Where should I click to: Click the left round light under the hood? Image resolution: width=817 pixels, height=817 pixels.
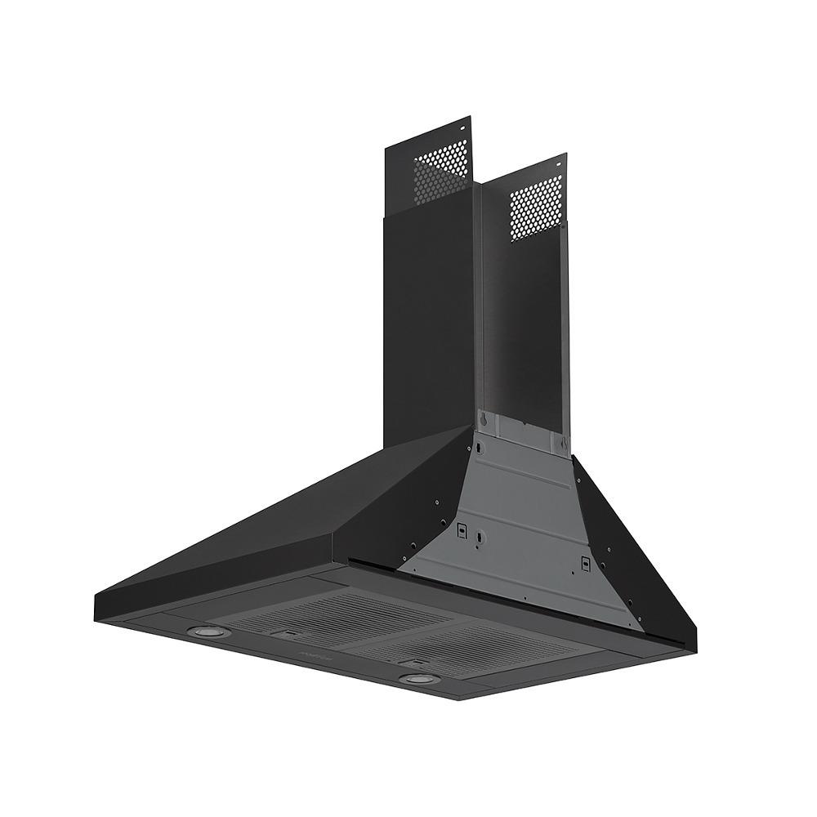click(198, 631)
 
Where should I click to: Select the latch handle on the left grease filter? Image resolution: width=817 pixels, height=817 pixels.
click(286, 634)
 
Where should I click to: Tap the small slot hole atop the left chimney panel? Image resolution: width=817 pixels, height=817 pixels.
click(462, 128)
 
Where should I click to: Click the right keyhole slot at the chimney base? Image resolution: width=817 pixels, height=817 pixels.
click(561, 442)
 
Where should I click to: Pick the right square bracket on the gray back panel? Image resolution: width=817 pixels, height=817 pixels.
click(586, 561)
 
